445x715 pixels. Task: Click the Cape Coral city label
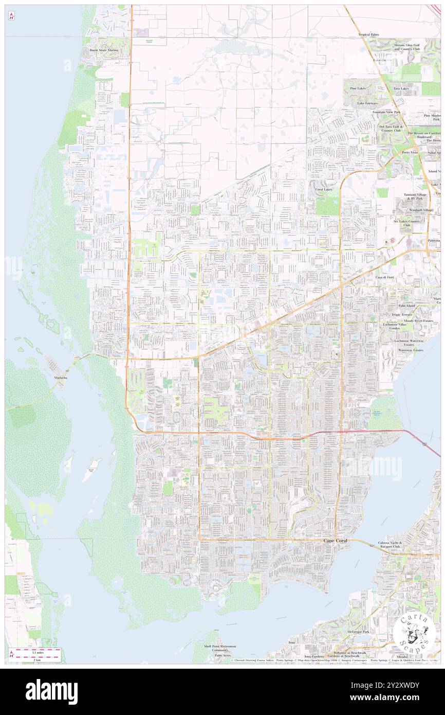pyautogui.click(x=336, y=542)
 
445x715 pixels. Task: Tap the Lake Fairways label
pyautogui.click(x=368, y=103)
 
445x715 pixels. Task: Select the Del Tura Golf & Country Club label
pyautogui.click(x=393, y=128)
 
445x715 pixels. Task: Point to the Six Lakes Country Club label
pyautogui.click(x=407, y=223)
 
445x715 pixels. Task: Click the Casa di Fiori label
pyautogui.click(x=384, y=277)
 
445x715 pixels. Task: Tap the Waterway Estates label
pyautogui.click(x=411, y=350)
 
